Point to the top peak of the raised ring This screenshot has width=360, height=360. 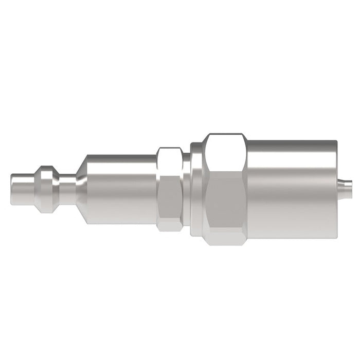47,166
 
